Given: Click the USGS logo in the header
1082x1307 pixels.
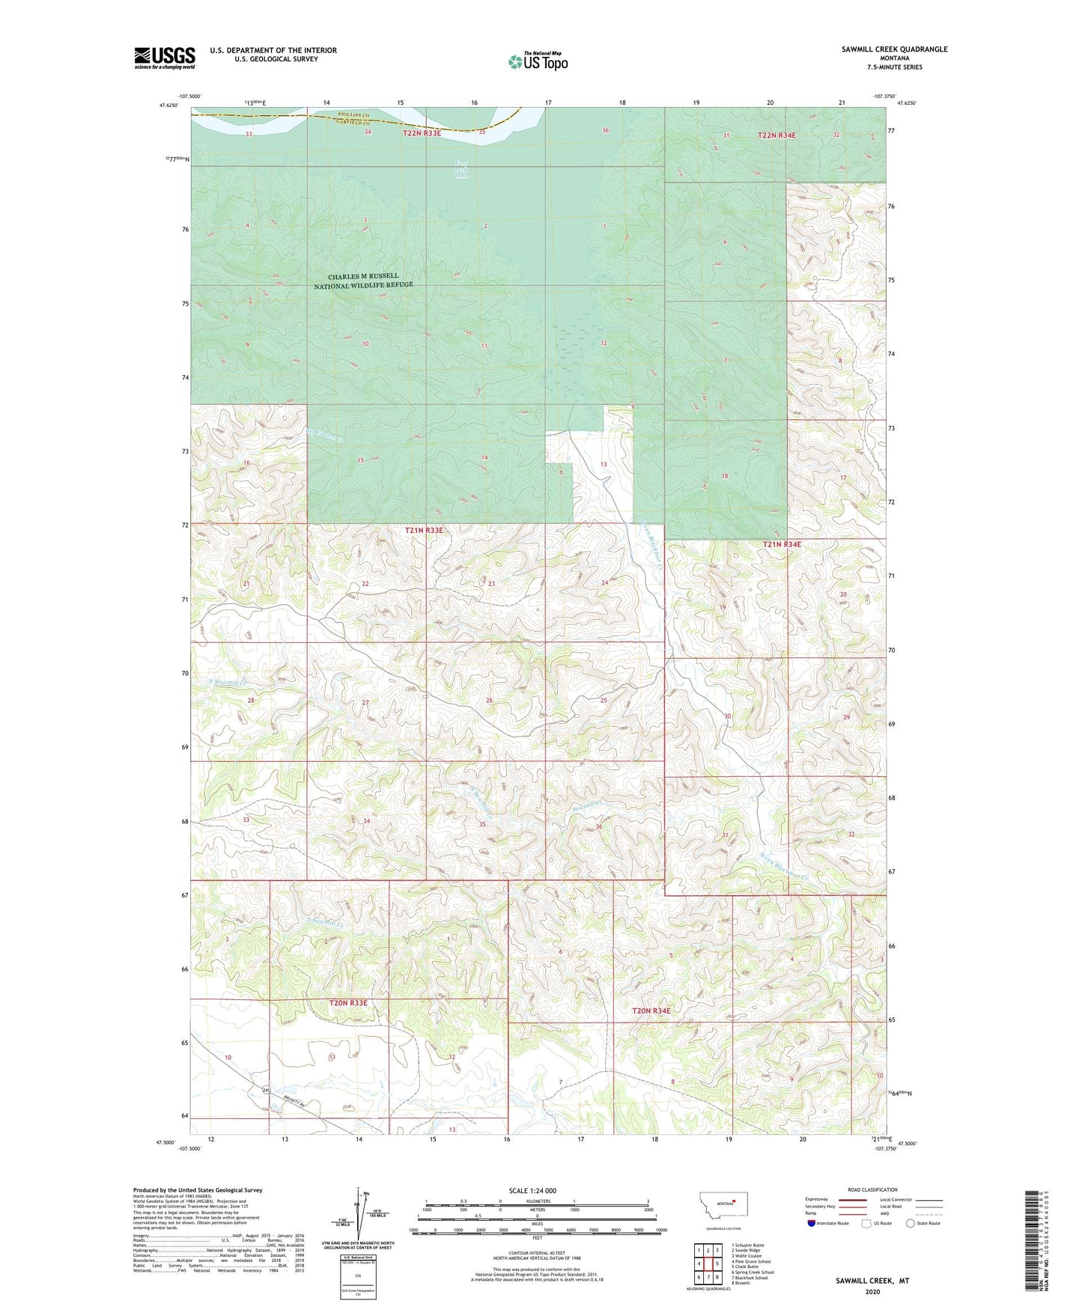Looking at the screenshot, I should (165, 58).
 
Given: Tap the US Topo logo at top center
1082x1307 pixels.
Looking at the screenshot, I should (538, 61).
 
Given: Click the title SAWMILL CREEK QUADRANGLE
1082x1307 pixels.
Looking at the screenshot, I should (894, 49).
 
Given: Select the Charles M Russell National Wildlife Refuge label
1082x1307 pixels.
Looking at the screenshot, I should (363, 281).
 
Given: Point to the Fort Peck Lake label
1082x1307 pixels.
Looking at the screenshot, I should (461, 170).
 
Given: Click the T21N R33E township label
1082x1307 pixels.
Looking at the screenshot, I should (424, 530).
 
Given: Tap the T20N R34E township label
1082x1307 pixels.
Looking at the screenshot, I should (651, 1011).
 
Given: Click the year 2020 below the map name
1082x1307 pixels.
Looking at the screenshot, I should (872, 1291).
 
